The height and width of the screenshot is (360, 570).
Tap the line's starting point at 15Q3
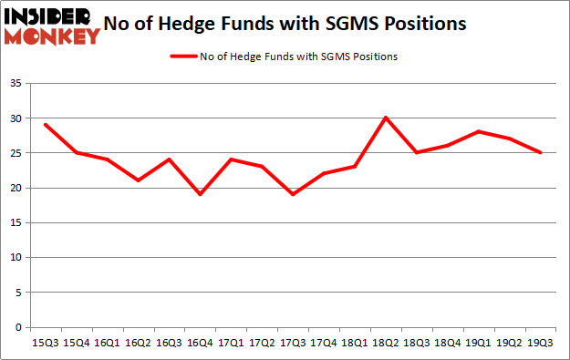click(45, 125)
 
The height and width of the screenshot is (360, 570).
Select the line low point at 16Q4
click(200, 194)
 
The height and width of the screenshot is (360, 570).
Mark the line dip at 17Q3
click(292, 194)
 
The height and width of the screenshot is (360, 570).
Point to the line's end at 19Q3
click(540, 152)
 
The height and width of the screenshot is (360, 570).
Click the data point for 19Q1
click(478, 131)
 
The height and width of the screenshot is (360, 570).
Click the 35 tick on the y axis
click(17, 83)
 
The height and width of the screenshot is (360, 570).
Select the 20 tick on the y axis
click(17, 188)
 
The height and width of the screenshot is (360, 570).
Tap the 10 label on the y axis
click(17, 258)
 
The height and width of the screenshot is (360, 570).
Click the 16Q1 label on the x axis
click(107, 344)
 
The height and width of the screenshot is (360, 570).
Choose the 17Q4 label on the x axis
click(323, 344)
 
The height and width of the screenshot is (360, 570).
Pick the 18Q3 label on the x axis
click(416, 344)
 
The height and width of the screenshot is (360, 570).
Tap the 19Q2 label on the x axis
click(509, 344)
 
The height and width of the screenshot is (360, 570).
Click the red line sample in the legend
click(186, 57)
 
